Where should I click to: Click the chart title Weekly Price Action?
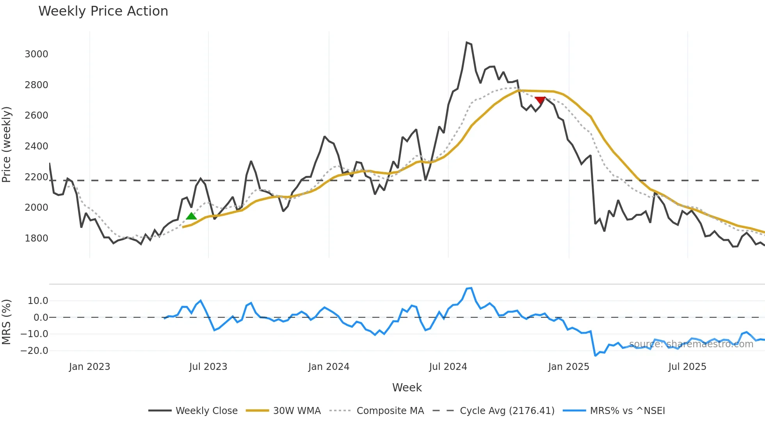[103, 11]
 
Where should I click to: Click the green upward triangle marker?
[191, 216]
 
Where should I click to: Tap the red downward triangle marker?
[540, 100]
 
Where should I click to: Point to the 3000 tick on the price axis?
[36, 54]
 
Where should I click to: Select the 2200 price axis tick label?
[36, 177]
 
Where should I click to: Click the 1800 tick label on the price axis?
[36, 238]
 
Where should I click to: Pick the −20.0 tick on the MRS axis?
[34, 351]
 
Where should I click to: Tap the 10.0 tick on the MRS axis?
[38, 301]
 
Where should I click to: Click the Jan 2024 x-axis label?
[329, 367]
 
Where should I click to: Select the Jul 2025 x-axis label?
[687, 367]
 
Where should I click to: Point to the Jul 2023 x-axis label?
[208, 367]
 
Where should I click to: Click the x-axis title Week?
[407, 387]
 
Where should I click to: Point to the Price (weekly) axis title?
[6, 144]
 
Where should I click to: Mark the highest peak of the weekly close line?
[467, 42]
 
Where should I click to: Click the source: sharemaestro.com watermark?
[691, 344]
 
